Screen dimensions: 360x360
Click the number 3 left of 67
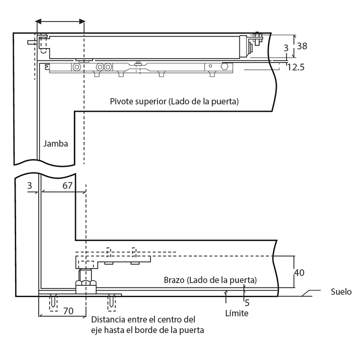[x=29, y=186]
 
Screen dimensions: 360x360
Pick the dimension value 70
[x=68, y=310]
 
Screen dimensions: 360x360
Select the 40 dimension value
[x=300, y=272]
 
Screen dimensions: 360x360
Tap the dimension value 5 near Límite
[x=247, y=302]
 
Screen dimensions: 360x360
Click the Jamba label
[x=56, y=144]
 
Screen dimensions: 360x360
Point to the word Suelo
[x=340, y=292]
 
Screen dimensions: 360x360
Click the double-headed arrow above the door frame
[x=60, y=21]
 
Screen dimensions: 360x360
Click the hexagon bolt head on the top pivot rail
[x=224, y=67]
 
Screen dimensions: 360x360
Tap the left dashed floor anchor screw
[x=54, y=301]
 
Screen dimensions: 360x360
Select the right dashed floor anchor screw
[x=111, y=301]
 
